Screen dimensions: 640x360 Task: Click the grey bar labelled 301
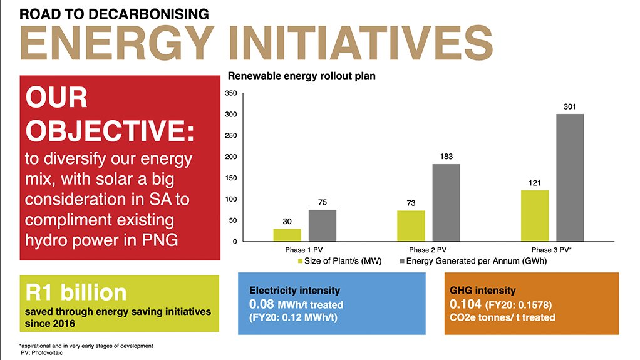click(570, 178)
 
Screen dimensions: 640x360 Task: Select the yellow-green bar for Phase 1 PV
click(287, 235)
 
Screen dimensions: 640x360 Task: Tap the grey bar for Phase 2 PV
click(446, 203)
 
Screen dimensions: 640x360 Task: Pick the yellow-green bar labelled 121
click(535, 216)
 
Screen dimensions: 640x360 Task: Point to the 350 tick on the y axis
click(231, 93)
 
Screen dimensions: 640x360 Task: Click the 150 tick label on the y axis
click(231, 178)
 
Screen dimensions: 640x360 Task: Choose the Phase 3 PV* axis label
click(551, 250)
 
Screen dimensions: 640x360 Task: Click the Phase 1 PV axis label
click(304, 250)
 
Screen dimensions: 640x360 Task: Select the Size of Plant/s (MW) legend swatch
click(301, 261)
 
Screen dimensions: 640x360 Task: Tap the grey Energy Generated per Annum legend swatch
click(402, 261)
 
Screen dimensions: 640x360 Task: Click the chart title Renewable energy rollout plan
click(302, 76)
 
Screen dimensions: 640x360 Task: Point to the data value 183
click(446, 157)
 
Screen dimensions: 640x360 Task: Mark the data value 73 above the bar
click(411, 203)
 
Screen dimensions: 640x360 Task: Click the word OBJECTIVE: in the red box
click(110, 131)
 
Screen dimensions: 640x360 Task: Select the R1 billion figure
click(76, 292)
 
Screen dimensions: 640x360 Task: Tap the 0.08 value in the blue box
click(262, 304)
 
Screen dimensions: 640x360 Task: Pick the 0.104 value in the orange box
click(465, 304)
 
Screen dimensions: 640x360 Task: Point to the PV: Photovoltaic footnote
click(42, 353)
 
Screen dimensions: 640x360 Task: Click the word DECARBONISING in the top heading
click(148, 14)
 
